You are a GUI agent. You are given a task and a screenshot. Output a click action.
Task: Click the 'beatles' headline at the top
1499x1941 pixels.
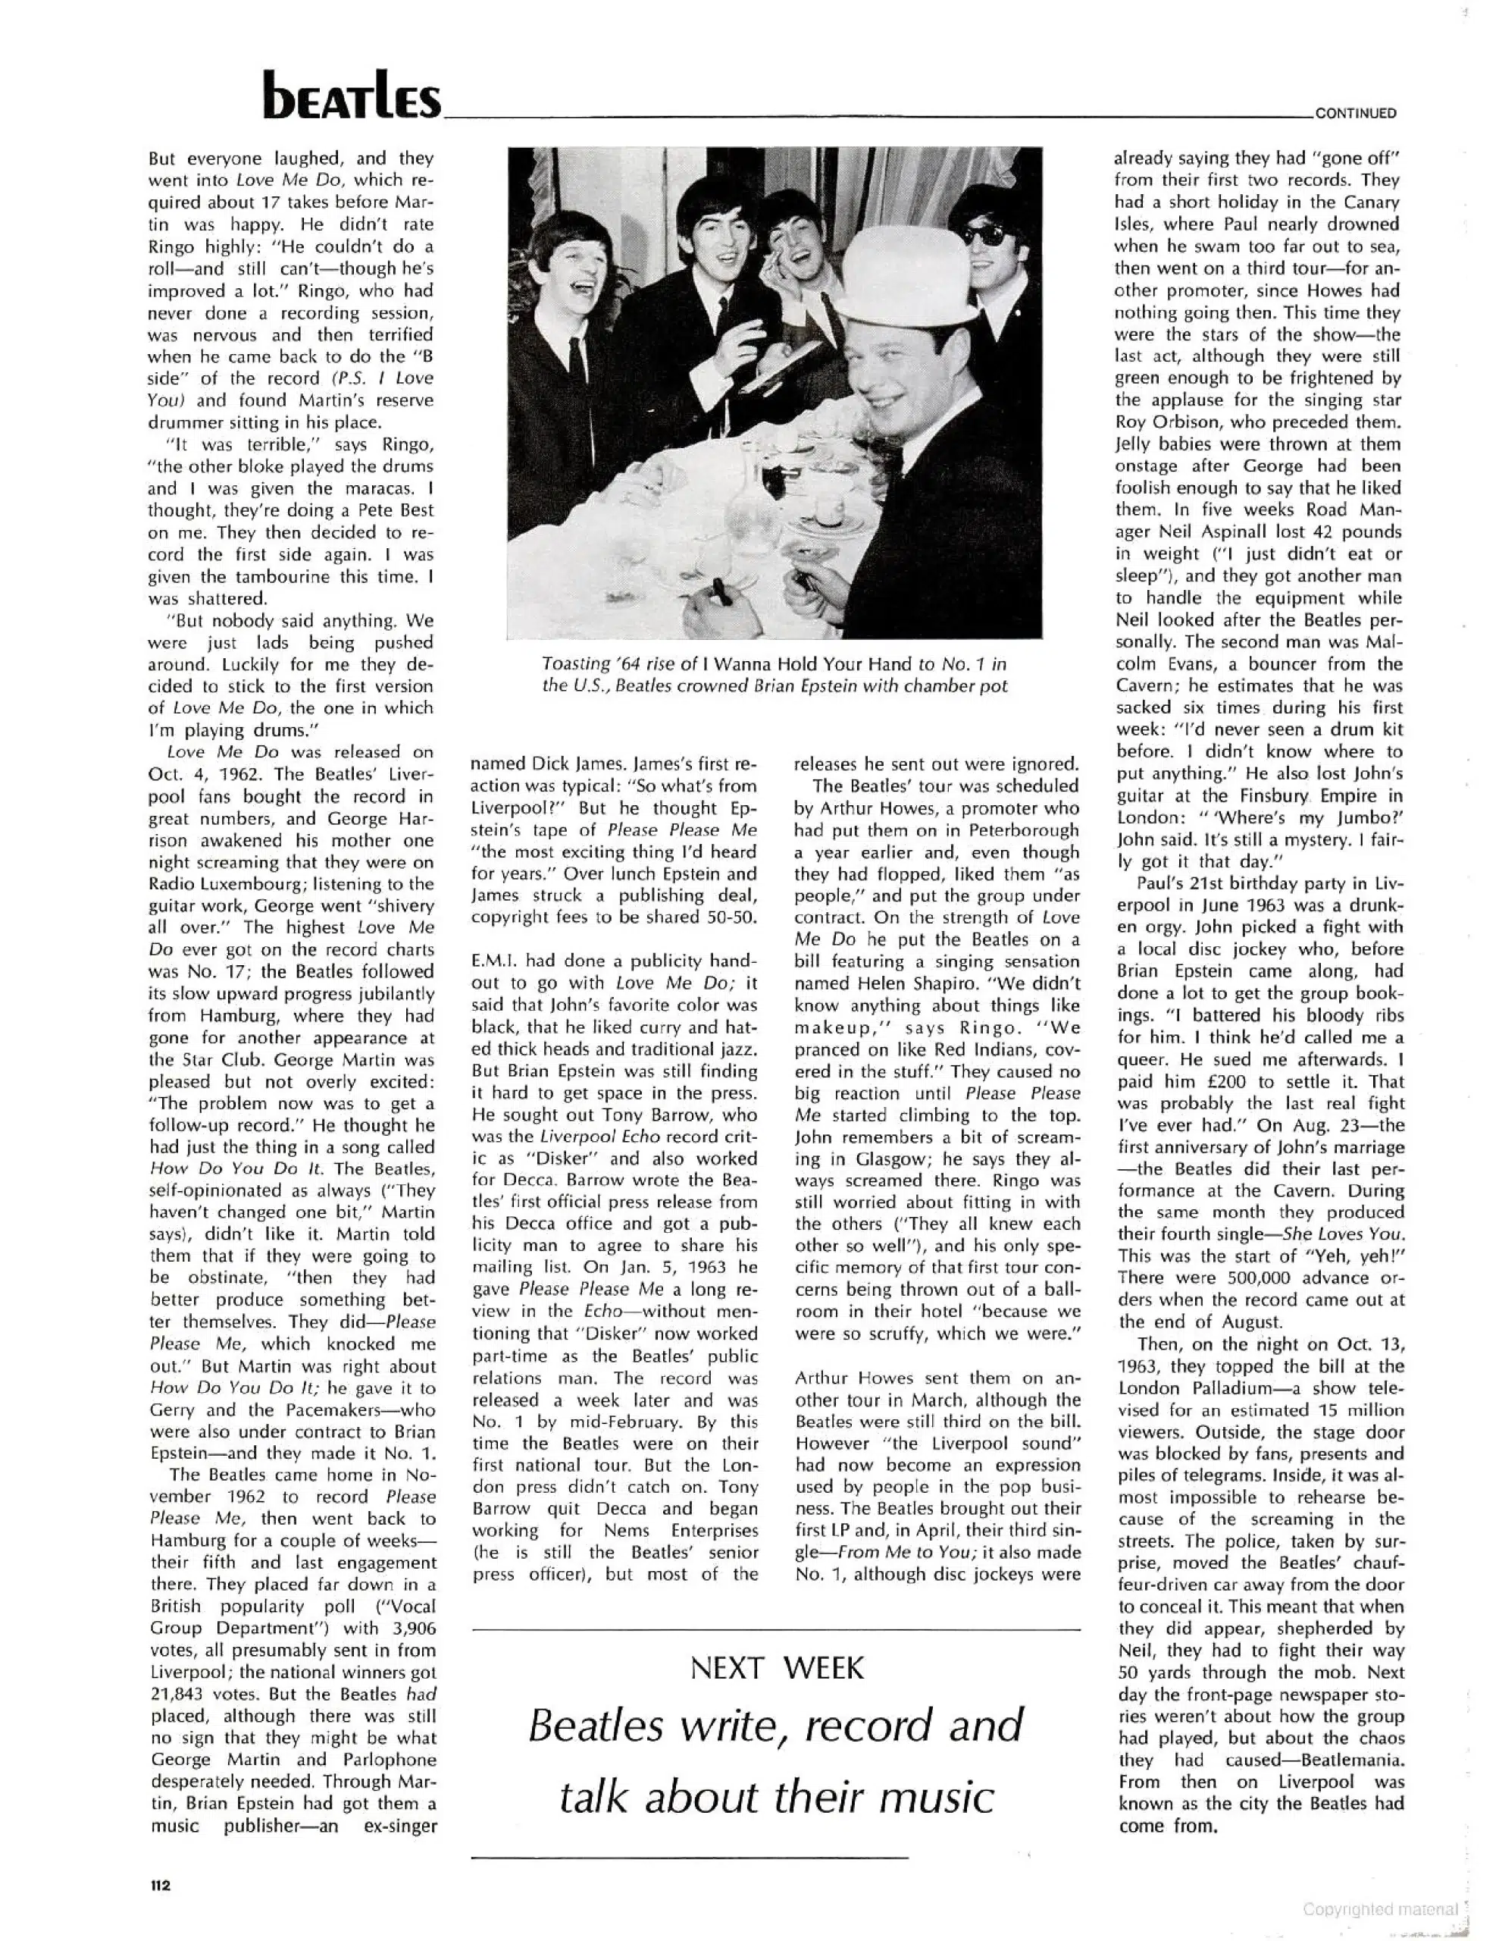[x=351, y=97]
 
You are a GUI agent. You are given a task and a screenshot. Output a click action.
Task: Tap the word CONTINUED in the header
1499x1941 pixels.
[x=1355, y=113]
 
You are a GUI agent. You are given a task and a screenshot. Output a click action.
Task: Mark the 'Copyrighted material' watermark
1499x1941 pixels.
[x=1380, y=1908]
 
